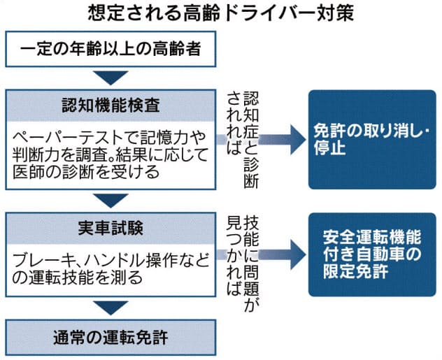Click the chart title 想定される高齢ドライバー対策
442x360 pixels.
[221, 13]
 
